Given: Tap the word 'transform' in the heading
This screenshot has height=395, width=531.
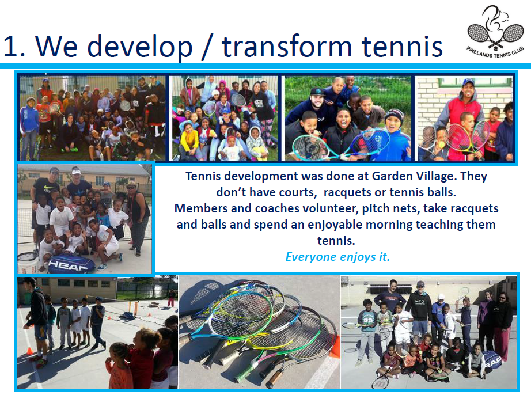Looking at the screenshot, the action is coord(287,47).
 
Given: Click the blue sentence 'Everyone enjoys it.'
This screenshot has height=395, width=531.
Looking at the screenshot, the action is coord(337,257).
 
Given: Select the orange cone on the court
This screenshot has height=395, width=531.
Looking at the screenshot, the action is coord(30,350).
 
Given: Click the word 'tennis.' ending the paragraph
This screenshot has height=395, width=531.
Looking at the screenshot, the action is coord(336,241).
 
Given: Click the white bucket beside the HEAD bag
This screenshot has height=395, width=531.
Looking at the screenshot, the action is coord(27,263).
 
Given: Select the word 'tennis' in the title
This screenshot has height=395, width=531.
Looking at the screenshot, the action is coord(402,47).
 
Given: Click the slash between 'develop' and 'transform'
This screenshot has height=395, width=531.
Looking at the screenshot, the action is coord(207,47).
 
